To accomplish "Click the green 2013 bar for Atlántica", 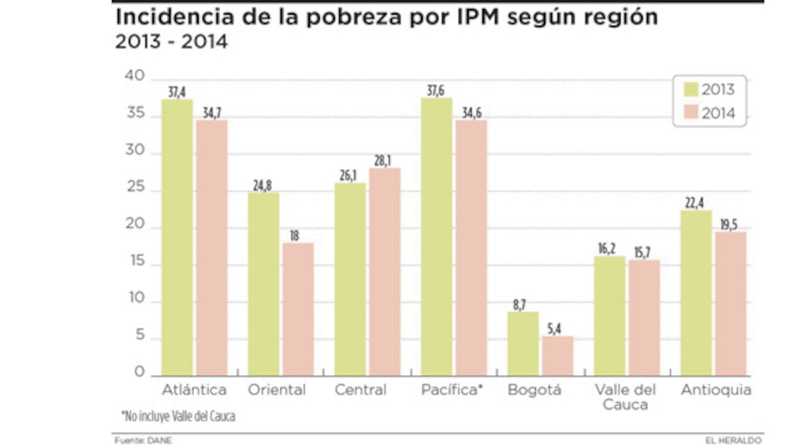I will (177, 237).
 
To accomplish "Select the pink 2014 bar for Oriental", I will (297, 309).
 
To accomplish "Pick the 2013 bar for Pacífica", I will (436, 237).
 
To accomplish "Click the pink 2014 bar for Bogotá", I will (557, 356).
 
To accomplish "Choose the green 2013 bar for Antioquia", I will (696, 293).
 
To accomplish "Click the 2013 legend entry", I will (709, 90).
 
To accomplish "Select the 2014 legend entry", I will (709, 113).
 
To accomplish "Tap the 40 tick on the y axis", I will (134, 76).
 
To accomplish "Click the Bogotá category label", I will (535, 390).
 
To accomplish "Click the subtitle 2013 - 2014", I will (171, 42).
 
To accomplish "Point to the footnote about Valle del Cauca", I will (178, 416).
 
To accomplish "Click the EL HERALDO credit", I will (734, 440).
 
